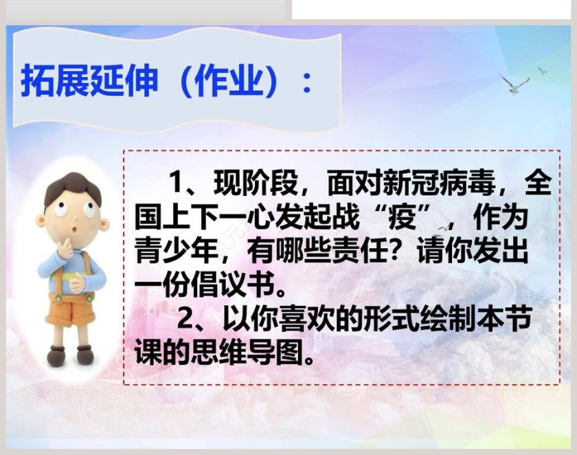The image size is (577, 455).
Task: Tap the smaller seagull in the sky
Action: [x=542, y=71]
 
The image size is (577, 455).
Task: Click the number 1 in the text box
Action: [x=177, y=184]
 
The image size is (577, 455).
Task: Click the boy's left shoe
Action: [x=85, y=355]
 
